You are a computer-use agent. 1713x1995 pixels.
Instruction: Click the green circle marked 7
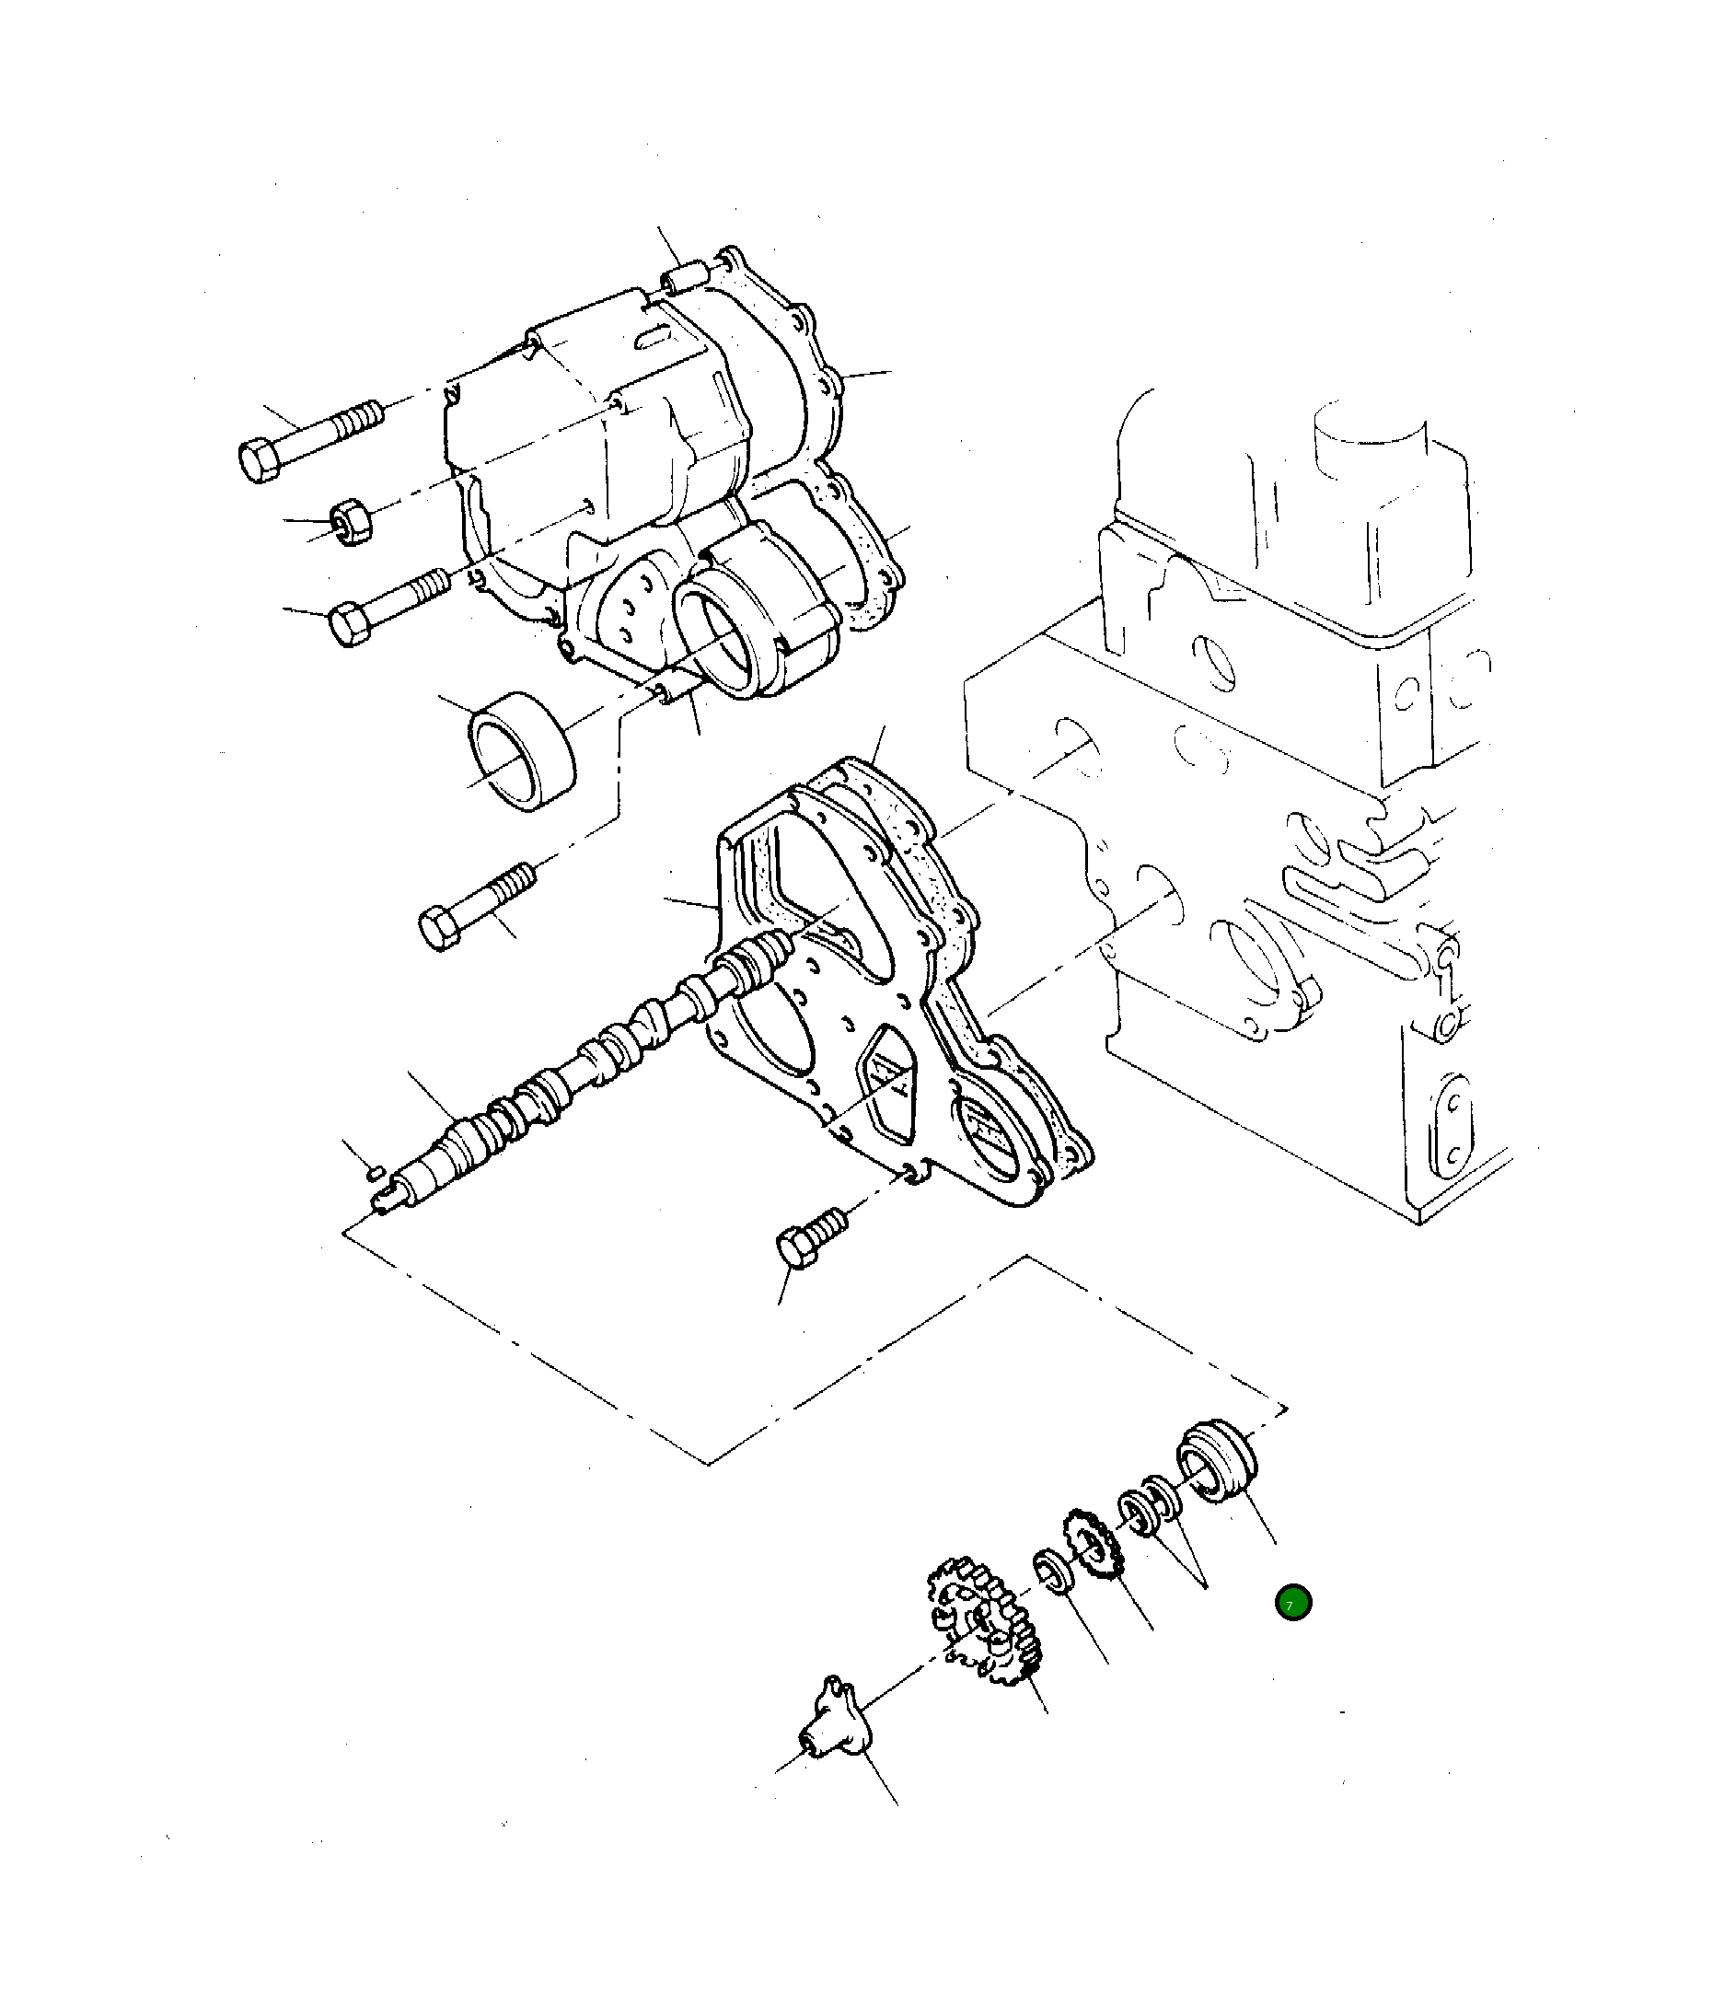(x=1292, y=1603)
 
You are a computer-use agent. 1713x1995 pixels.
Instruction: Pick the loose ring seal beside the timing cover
(x=522, y=750)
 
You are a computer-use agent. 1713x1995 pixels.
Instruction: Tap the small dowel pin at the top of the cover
(x=684, y=278)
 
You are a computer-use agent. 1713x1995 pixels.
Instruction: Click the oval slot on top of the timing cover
(x=659, y=336)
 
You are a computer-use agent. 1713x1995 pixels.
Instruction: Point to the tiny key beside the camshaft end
(x=377, y=1172)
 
